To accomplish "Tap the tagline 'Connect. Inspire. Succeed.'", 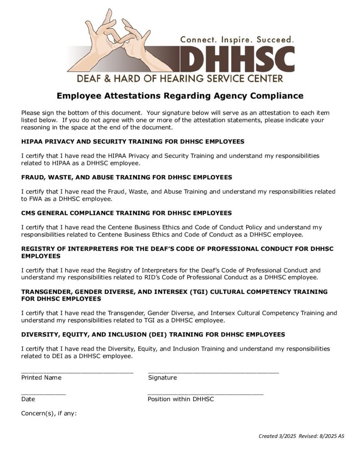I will (x=237, y=40).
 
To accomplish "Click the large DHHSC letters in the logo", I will (x=237, y=59).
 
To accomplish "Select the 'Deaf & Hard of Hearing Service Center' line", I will (x=180, y=78).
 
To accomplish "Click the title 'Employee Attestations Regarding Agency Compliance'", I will (x=180, y=96).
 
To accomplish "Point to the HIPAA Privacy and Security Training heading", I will (x=132, y=142).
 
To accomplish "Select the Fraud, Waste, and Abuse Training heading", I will (x=127, y=177).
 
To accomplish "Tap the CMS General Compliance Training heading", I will (x=127, y=213).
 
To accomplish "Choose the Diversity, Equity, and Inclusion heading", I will (x=153, y=334).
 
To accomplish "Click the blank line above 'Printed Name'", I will (x=77, y=372).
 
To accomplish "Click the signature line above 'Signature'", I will (x=213, y=372).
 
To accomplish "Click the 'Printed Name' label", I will (x=41, y=378).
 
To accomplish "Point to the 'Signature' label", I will (x=162, y=378).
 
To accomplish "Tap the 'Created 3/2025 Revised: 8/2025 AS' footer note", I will (x=301, y=436).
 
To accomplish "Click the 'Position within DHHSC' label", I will (x=181, y=399).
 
